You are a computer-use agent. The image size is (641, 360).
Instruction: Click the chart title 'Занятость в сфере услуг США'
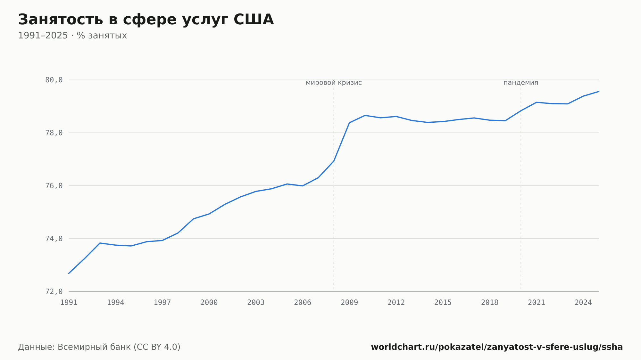tap(146, 20)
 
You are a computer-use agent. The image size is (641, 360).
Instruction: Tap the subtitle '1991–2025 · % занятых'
tap(72, 36)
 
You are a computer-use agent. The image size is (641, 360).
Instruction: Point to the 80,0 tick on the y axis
tap(54, 80)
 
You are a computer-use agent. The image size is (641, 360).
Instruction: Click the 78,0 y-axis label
tap(54, 133)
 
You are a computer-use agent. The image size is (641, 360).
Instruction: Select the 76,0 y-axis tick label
tap(54, 186)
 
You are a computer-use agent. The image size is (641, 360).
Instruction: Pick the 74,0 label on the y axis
tap(54, 239)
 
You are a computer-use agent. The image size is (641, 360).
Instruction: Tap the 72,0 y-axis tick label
tap(54, 291)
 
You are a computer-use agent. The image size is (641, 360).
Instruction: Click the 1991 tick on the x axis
tap(69, 303)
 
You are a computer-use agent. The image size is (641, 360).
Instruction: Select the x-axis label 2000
tap(209, 303)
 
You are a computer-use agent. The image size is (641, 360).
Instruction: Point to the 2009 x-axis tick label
tap(349, 303)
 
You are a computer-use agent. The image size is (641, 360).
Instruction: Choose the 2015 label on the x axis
tap(443, 303)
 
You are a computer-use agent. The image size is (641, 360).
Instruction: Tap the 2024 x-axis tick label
tap(583, 303)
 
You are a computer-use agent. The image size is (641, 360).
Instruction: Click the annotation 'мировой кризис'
tap(334, 83)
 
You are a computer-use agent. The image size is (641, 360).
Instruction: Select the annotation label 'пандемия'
tap(521, 83)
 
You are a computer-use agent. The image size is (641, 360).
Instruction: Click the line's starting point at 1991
tap(69, 273)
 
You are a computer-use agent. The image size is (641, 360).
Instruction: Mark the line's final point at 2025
tap(599, 92)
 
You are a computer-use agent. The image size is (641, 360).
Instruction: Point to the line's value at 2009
tap(349, 123)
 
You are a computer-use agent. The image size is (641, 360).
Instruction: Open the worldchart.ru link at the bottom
tap(497, 347)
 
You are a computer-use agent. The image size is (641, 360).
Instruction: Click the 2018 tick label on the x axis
tap(490, 303)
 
